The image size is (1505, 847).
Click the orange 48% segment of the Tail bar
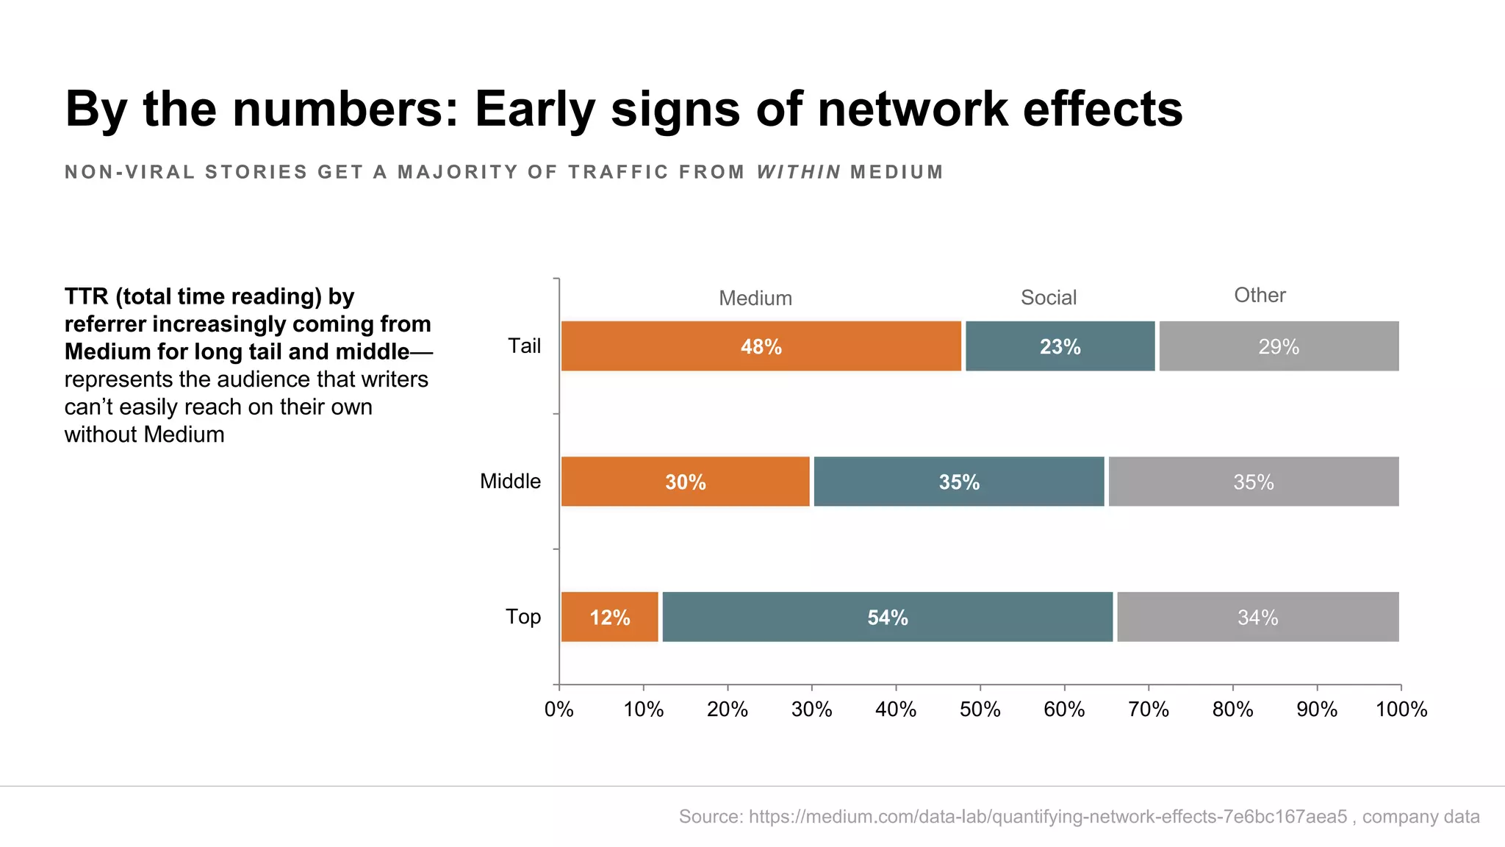tap(761, 346)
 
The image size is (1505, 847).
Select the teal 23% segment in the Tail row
tap(1060, 346)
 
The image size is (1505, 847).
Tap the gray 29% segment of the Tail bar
tap(1279, 346)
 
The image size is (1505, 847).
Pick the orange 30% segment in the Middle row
tap(685, 482)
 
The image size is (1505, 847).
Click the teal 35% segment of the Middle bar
tap(959, 482)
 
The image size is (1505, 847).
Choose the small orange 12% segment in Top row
tap(610, 617)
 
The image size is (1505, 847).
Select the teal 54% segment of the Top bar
tap(888, 617)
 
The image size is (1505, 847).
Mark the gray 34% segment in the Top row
tap(1257, 617)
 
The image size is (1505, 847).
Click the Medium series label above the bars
tap(755, 299)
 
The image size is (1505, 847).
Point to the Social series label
tap(1049, 298)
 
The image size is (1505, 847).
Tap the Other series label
tap(1260, 296)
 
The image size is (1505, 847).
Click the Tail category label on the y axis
tap(524, 346)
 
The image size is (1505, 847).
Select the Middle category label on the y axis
tap(510, 482)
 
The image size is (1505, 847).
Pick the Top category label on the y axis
tap(522, 617)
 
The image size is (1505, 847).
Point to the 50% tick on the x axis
tap(980, 710)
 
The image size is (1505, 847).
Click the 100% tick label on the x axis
tap(1401, 710)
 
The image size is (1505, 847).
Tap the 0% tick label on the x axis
tap(558, 710)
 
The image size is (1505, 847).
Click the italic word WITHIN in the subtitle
tap(799, 172)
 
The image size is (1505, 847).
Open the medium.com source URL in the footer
tap(1048, 817)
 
